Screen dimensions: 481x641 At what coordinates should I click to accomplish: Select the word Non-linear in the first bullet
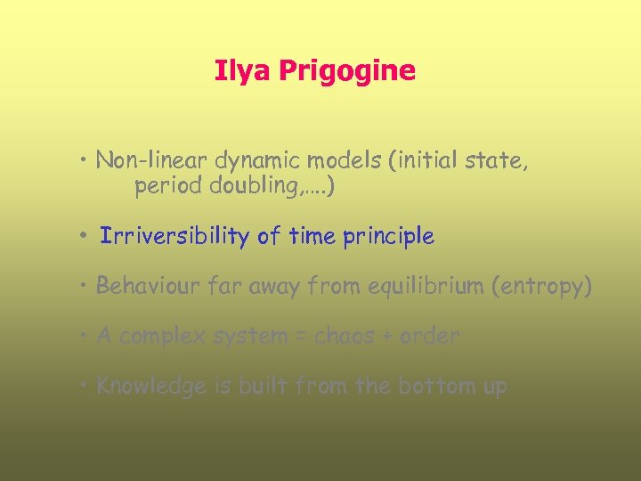click(x=150, y=160)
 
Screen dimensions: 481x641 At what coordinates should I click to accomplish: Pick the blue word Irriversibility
click(x=174, y=236)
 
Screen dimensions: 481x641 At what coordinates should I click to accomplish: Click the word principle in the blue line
click(x=388, y=237)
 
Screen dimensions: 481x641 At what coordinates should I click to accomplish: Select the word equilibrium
click(x=419, y=286)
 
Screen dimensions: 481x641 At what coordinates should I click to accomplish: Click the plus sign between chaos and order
click(x=386, y=337)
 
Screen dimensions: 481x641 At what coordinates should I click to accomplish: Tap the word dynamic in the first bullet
click(x=257, y=160)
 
